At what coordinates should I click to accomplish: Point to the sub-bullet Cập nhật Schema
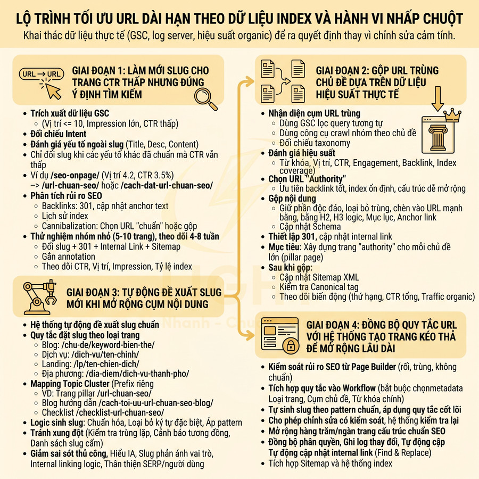coord(310,227)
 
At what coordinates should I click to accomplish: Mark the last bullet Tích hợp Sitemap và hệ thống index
coord(330,463)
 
